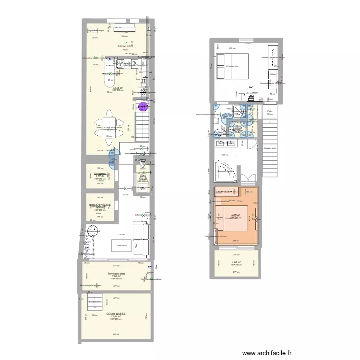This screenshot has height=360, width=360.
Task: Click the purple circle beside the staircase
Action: [x=144, y=108]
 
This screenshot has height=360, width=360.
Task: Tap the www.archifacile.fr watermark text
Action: [x=267, y=353]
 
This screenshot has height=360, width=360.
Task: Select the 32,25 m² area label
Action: [x=118, y=88]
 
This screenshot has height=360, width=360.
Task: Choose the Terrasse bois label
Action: [x=116, y=273]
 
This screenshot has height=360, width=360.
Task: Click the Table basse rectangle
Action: [x=121, y=245]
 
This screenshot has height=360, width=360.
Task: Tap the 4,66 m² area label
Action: [x=236, y=262]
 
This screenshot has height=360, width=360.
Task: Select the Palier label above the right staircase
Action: [x=270, y=111]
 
